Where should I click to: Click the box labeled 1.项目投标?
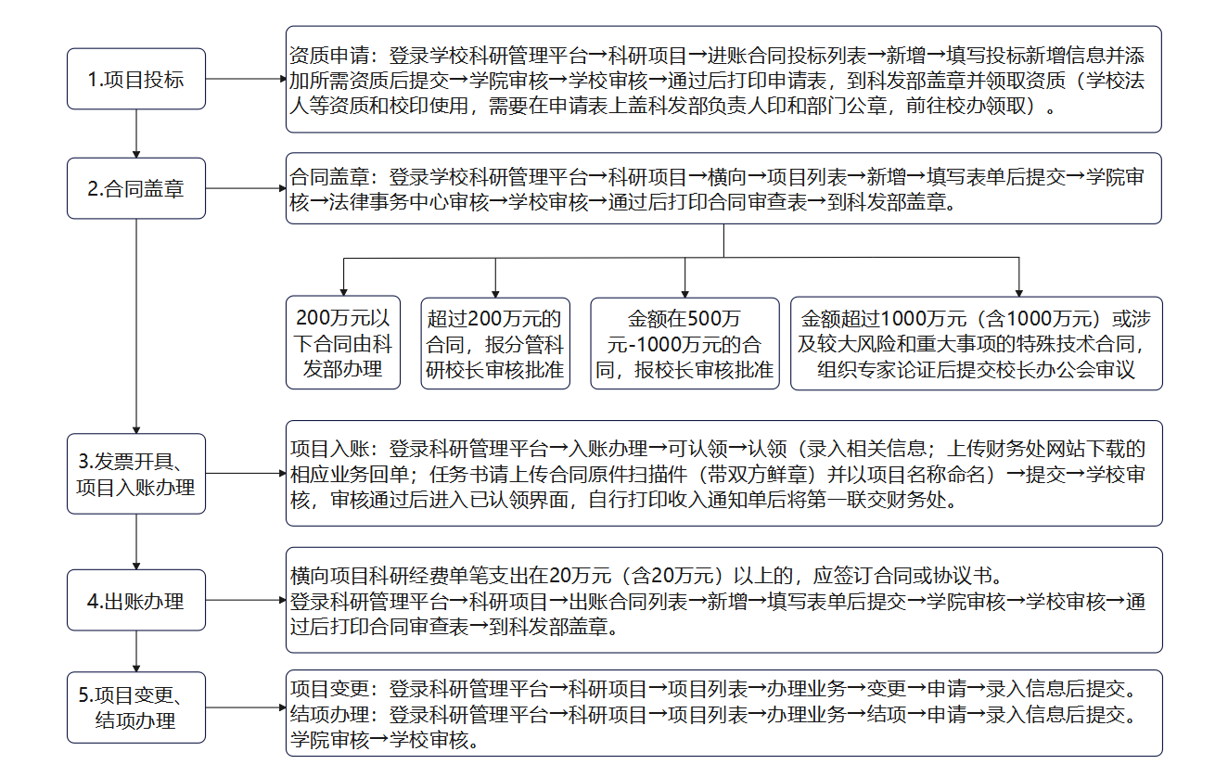136,79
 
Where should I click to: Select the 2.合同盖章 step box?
136,188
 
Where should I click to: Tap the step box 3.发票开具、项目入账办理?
136,474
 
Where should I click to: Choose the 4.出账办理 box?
136,600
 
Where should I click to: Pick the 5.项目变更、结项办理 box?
136,707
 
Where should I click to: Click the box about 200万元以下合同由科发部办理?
343,343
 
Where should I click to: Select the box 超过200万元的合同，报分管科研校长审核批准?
495,344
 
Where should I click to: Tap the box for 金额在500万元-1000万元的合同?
684,344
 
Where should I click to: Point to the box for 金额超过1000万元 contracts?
977,344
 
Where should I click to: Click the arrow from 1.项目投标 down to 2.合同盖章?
136,134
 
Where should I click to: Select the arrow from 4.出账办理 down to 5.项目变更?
136,652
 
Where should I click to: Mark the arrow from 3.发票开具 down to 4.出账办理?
136,541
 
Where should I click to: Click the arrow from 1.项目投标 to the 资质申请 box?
246,79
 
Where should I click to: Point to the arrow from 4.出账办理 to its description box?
246,600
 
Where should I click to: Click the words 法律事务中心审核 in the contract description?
409,203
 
